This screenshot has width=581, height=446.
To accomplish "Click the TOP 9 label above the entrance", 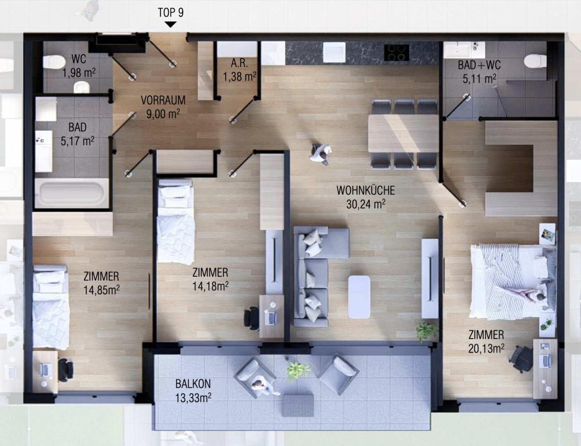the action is point(171,12).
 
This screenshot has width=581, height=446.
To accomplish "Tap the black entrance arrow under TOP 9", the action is point(170,24).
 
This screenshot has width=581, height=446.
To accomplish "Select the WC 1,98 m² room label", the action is point(79,66).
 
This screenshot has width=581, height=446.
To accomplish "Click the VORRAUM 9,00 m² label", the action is point(163,107).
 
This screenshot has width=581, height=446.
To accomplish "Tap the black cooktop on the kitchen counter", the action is point(397,52).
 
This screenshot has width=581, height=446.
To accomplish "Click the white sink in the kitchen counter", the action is point(334,52).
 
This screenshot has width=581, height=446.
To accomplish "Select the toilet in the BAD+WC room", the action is point(535,61).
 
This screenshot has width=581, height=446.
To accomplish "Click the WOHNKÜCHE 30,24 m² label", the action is point(366,197).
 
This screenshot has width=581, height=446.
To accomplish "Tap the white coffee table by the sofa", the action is point(359,297).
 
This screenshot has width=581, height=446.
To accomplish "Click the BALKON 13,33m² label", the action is point(193,391).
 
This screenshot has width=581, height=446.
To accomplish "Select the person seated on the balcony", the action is point(263,386).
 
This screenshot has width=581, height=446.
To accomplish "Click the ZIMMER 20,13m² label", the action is point(486,342).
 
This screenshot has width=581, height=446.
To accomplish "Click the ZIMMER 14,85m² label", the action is point(101,283).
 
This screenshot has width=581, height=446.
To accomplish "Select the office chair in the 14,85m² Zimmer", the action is point(65,370).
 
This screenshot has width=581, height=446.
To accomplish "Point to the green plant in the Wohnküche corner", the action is point(427,331).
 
